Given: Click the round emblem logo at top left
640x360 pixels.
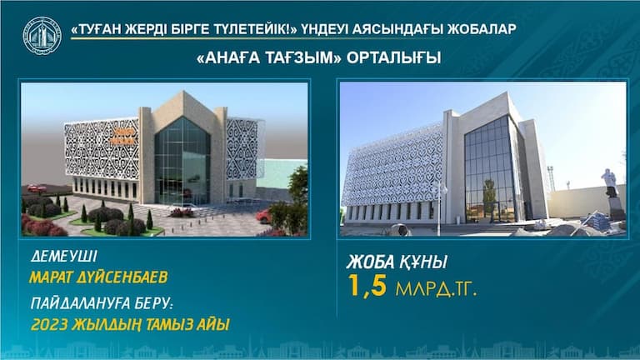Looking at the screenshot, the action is [42, 36].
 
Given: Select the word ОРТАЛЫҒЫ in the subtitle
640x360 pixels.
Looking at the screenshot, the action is [393, 58].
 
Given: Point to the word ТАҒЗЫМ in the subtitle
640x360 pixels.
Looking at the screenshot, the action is [300, 58].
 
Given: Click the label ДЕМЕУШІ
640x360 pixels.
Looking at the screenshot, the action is [64, 257].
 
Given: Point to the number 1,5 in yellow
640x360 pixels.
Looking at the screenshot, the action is [367, 286].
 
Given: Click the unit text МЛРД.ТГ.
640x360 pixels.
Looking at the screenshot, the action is [436, 289].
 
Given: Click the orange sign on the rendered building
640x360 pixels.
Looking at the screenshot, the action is [123, 137].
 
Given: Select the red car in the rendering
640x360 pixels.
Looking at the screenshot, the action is [263, 216].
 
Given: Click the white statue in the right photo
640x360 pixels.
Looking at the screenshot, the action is [610, 182].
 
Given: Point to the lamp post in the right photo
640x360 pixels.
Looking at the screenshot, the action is [439, 208].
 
